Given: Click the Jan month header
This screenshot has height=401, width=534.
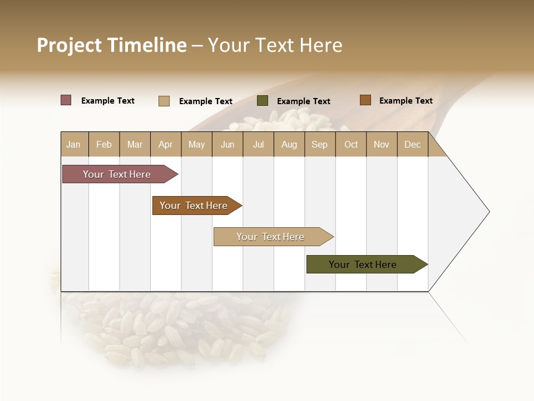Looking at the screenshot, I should (73, 144).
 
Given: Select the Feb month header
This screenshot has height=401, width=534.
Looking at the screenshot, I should (104, 144).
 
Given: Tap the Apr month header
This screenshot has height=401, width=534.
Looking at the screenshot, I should (165, 144).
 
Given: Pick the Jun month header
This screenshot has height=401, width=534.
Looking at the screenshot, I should (228, 144).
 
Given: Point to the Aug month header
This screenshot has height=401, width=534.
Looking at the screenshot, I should (289, 144).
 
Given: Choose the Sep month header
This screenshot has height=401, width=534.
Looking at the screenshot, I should (319, 144).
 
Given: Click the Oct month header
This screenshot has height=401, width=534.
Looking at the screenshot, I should (351, 144).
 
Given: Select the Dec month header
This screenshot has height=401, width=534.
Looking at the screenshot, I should (412, 144).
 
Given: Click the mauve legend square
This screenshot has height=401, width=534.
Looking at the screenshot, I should (66, 100).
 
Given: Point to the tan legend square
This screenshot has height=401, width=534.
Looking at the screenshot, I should (164, 101).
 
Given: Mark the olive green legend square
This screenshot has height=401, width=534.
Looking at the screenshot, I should (263, 101).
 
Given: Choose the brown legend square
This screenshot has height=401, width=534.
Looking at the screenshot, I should (365, 100).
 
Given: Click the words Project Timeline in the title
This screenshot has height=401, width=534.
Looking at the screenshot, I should (111, 45).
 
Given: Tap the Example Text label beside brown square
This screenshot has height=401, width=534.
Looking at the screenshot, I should (406, 101).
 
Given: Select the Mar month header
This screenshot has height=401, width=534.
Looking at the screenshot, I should (135, 144).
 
